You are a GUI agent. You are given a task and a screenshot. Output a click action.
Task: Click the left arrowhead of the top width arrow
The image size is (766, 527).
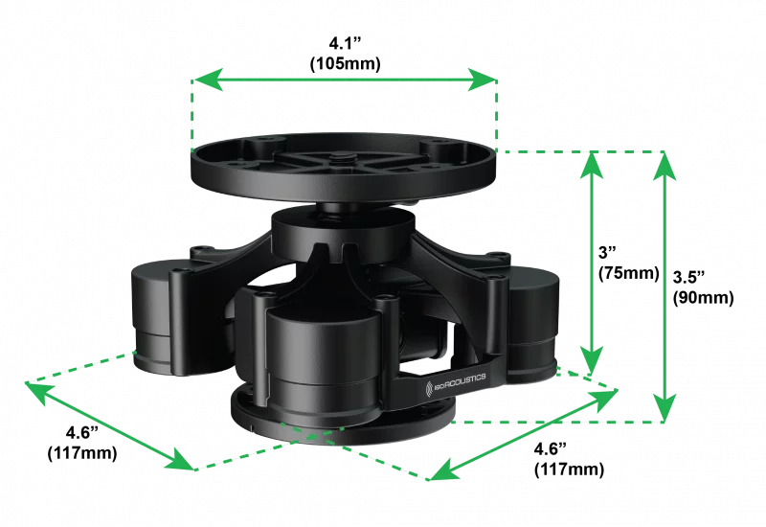tap(203, 80)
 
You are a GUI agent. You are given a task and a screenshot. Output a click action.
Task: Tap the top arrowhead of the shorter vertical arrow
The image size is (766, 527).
tap(594, 167)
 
